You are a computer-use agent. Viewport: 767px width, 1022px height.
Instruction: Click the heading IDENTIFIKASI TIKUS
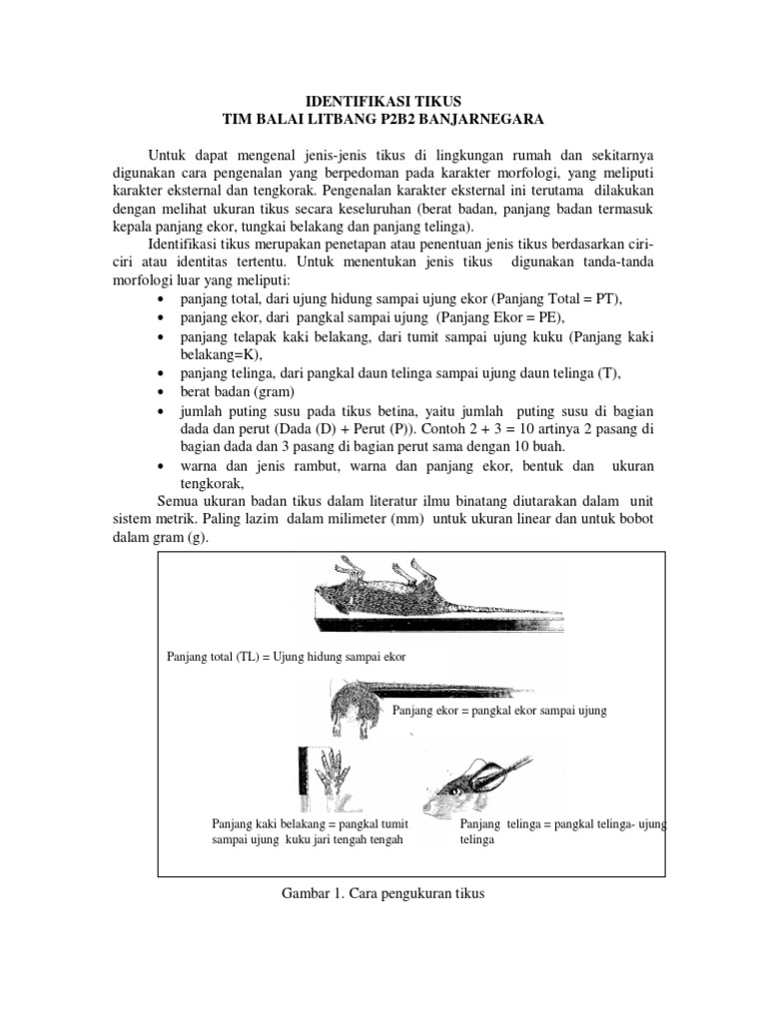coord(383,101)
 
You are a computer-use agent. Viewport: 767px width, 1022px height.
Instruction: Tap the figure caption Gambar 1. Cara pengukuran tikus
coord(383,894)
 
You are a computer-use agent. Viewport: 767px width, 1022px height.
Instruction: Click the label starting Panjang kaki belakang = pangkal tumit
coord(312,824)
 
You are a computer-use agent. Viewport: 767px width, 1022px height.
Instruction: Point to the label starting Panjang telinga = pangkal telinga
coord(563,824)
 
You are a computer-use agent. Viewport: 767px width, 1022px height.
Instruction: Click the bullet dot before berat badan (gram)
coord(162,392)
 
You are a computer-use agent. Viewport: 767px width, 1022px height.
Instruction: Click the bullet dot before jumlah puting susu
coord(162,411)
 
